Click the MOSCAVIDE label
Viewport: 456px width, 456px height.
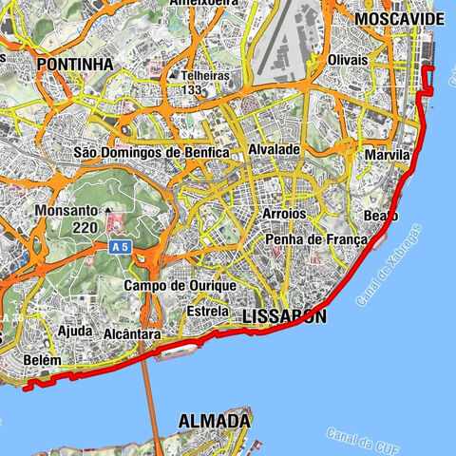click(x=398, y=18)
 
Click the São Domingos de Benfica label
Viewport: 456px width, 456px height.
click(x=151, y=152)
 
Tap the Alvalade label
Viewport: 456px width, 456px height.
click(x=275, y=150)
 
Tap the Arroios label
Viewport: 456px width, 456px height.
click(x=284, y=215)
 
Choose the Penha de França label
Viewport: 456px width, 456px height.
click(x=315, y=239)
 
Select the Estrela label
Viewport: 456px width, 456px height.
click(x=208, y=311)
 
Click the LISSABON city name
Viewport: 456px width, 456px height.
click(x=284, y=316)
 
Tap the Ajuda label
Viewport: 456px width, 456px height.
click(x=75, y=332)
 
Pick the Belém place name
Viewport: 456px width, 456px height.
click(x=45, y=361)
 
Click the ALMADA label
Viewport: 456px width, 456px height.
click(x=215, y=420)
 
